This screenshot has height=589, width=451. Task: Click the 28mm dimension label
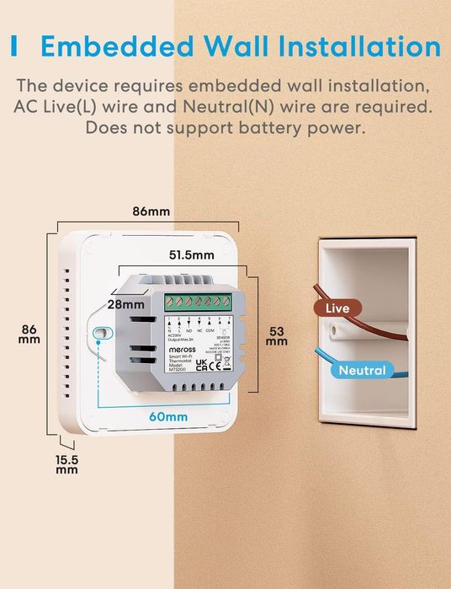tap(125, 303)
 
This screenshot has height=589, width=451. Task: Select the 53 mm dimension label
tap(276, 336)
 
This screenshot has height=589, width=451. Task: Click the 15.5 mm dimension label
tap(67, 463)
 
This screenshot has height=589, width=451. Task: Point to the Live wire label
tap(337, 308)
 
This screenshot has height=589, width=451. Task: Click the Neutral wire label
tap(362, 370)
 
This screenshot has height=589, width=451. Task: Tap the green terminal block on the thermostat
tap(199, 301)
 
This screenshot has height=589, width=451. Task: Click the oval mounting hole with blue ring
tap(101, 334)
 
